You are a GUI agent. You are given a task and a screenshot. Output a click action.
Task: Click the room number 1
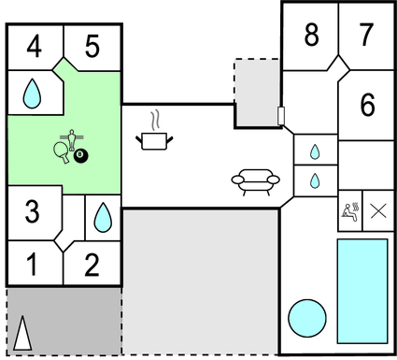32,266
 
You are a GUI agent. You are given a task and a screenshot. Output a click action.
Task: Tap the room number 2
92,266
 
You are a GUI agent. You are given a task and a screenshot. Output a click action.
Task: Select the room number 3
32,212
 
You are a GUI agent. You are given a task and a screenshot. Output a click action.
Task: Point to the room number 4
34,45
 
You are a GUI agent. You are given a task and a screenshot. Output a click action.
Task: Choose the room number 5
92,45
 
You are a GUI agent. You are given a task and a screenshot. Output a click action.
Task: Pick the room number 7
367,35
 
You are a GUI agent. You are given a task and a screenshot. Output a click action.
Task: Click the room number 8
312,35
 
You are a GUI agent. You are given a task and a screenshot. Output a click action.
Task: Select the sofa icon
255,180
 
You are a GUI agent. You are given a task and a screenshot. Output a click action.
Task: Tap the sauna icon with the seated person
349,210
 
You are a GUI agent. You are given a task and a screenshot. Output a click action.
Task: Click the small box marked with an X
377,210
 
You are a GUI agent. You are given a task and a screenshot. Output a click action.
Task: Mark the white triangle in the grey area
23,333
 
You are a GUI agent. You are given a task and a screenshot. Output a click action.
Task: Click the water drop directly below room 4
33,92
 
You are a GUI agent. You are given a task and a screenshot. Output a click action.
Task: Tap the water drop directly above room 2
101,218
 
